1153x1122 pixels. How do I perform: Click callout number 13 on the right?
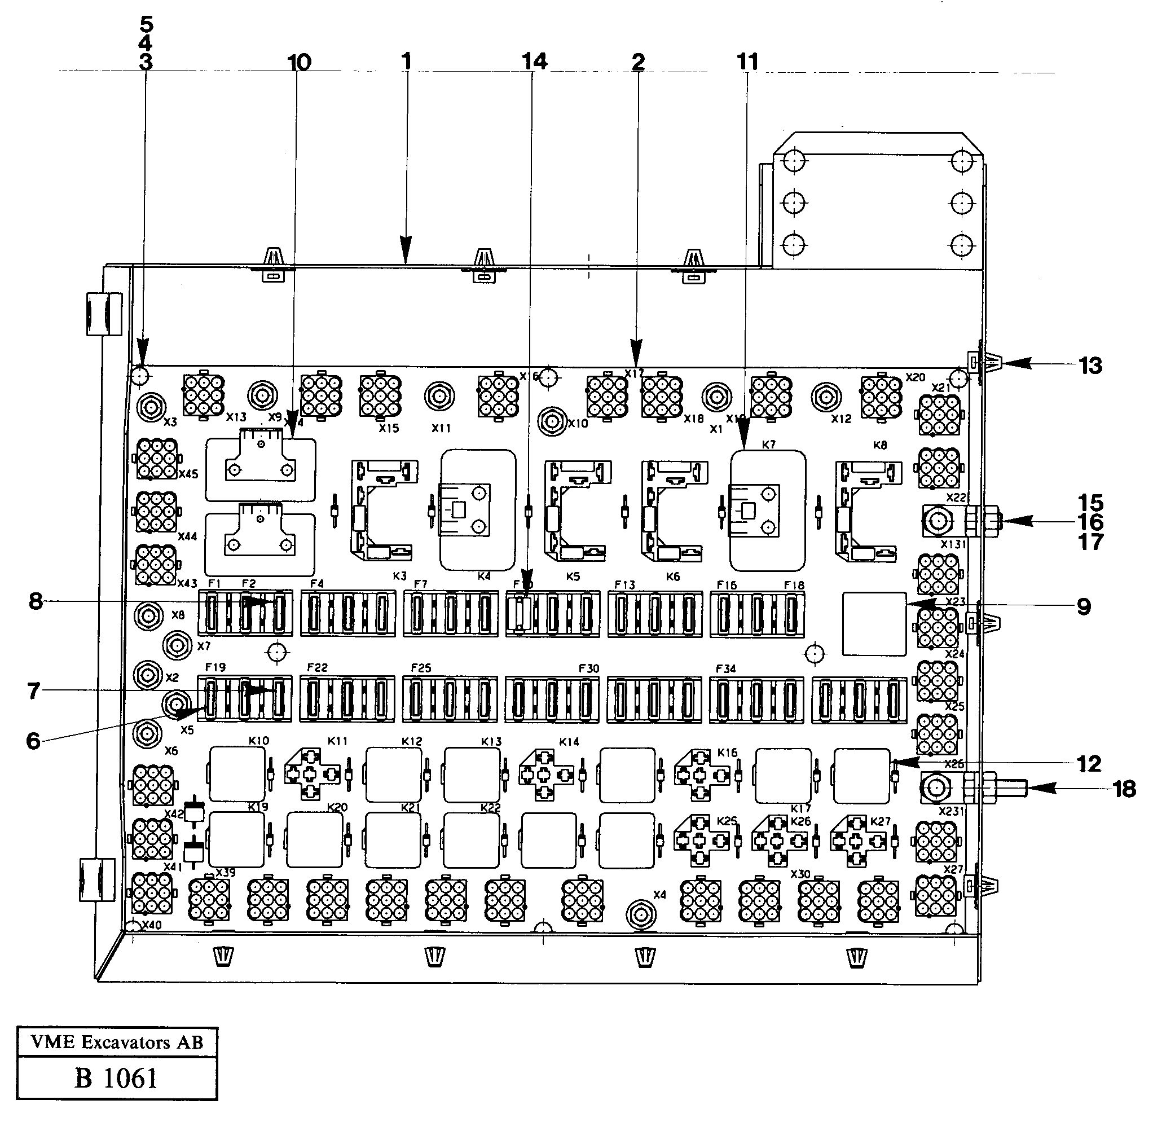pos(1090,366)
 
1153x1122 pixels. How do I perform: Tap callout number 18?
pos(1124,789)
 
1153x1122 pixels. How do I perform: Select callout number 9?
pos(1084,606)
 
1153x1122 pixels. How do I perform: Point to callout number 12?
pos(1089,764)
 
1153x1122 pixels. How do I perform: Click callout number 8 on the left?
pos(36,601)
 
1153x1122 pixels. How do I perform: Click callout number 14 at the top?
pos(534,61)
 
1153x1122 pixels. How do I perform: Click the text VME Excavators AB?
pos(117,1042)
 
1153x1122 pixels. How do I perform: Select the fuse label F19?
pos(215,667)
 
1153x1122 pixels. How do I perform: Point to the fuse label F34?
pos(725,668)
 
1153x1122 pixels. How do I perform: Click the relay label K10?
pos(259,741)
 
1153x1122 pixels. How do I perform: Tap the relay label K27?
pos(880,821)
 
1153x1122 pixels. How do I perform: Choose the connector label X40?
pos(151,925)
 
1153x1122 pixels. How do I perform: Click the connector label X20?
pos(915,377)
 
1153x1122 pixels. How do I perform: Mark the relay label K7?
pos(768,445)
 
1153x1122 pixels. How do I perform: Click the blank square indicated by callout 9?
pos(874,623)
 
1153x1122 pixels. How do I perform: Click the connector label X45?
pos(188,474)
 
